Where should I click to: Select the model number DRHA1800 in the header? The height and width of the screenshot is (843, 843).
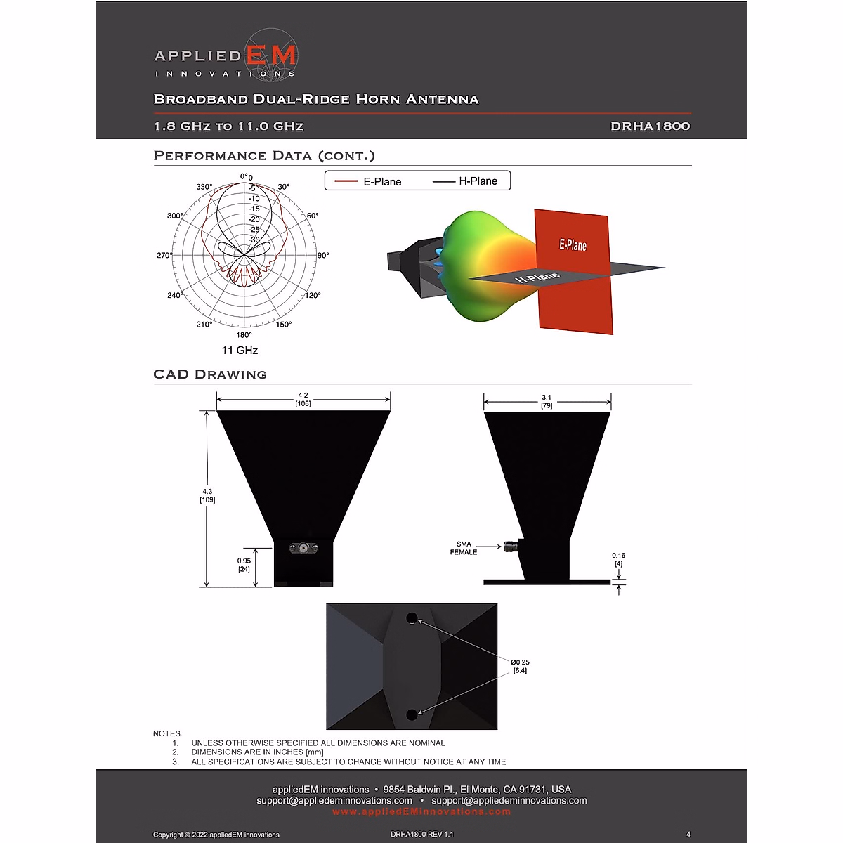[650, 126]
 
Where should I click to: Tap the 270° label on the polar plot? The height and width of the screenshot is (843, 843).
[164, 255]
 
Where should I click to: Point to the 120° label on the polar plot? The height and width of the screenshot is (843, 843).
[313, 295]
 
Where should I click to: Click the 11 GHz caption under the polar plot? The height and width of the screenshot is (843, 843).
[240, 351]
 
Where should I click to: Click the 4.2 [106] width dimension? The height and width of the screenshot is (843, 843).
[303, 400]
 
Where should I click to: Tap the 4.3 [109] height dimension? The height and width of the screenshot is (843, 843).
[207, 496]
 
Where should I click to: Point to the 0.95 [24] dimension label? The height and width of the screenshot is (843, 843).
[244, 565]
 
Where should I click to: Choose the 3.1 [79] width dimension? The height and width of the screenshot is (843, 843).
[547, 401]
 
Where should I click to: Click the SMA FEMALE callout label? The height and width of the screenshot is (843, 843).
[464, 548]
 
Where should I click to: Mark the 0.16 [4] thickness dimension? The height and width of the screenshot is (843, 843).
[618, 559]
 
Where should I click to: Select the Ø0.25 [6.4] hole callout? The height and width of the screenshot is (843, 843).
[520, 666]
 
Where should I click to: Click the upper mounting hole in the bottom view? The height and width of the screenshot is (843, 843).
[412, 618]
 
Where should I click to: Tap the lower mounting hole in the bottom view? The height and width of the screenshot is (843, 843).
[412, 714]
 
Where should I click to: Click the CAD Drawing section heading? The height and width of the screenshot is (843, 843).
[210, 374]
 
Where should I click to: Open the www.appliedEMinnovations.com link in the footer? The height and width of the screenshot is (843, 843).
[421, 812]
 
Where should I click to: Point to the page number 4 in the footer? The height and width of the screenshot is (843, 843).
[688, 835]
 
